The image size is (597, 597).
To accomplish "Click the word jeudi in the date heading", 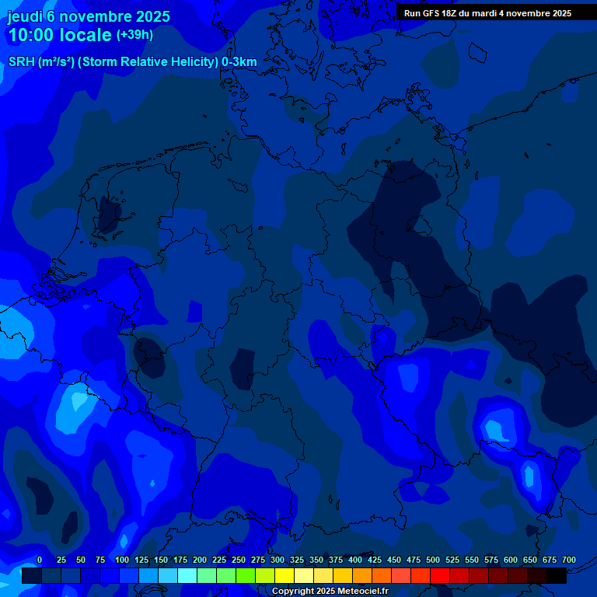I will [25, 16].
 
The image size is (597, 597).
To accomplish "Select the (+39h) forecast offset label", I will [134, 35].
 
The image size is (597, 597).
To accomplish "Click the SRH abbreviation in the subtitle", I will [21, 62].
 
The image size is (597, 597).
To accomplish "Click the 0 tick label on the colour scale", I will [40, 560].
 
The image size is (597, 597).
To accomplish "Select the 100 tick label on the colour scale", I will [122, 560].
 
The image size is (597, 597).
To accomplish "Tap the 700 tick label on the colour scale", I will [569, 560].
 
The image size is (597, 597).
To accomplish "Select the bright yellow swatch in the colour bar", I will [285, 576].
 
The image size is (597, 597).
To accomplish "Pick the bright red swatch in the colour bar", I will [440, 576].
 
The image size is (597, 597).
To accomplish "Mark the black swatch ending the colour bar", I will [557, 576].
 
